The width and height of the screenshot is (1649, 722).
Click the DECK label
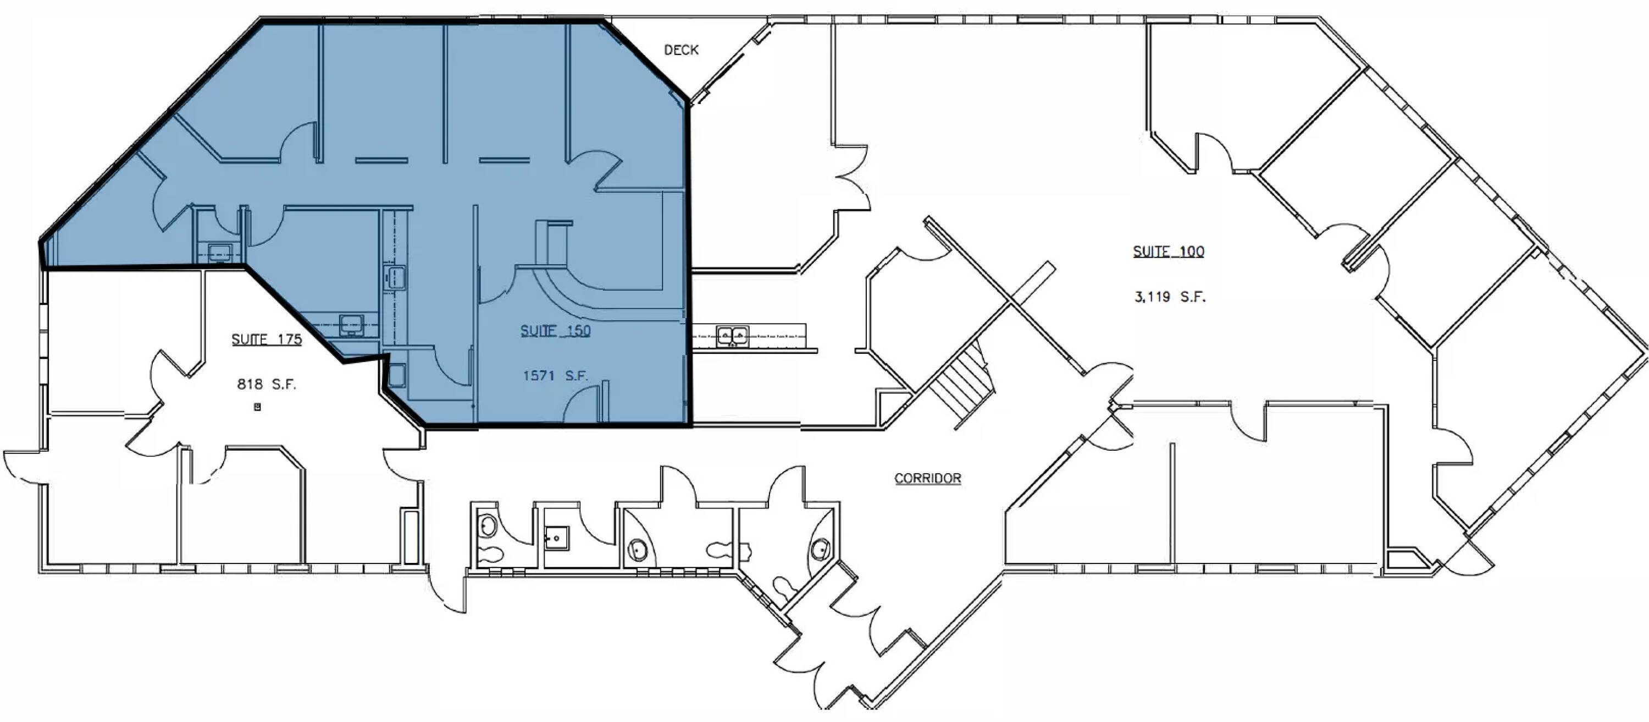pyautogui.click(x=681, y=50)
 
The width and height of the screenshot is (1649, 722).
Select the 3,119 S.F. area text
pyautogui.click(x=1170, y=297)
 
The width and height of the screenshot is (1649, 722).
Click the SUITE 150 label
pyautogui.click(x=555, y=331)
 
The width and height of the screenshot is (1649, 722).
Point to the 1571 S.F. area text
pyautogui.click(x=555, y=375)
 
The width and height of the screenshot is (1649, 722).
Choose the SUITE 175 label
pyautogui.click(x=266, y=339)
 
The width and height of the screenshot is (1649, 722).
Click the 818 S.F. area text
pyautogui.click(x=266, y=384)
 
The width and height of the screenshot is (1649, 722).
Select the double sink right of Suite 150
pyautogui.click(x=732, y=335)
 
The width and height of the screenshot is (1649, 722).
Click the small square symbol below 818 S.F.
pyautogui.click(x=257, y=406)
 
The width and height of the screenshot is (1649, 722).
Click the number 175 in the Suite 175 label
pyautogui.click(x=289, y=339)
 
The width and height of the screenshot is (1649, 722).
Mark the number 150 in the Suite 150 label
pyautogui.click(x=577, y=331)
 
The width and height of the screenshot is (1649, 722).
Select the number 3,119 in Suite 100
pyautogui.click(x=1152, y=297)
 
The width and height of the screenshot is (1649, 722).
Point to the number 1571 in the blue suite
pyautogui.click(x=538, y=375)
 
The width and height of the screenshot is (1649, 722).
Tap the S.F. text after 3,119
pyautogui.click(x=1194, y=297)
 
